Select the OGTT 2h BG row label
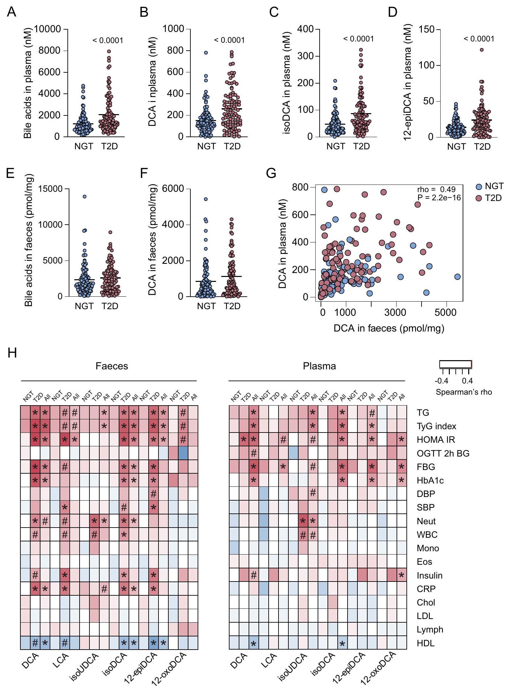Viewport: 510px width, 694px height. pyautogui.click(x=443, y=454)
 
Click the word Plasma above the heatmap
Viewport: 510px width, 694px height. pyautogui.click(x=319, y=366)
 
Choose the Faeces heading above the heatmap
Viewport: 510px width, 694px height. pyautogui.click(x=112, y=366)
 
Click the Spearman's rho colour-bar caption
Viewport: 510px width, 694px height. pyautogui.click(x=464, y=392)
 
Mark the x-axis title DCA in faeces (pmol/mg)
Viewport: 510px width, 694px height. pyautogui.click(x=389, y=328)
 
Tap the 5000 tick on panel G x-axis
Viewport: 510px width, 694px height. pyautogui.click(x=446, y=312)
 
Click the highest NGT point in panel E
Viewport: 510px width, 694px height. pyautogui.click(x=85, y=196)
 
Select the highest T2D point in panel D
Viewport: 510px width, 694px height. pyautogui.click(x=482, y=50)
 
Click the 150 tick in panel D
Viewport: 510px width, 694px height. pyautogui.click(x=426, y=30)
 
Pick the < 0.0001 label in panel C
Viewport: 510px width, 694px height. pyautogui.click(x=358, y=39)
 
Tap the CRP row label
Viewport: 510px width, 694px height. pyautogui.click(x=426, y=589)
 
